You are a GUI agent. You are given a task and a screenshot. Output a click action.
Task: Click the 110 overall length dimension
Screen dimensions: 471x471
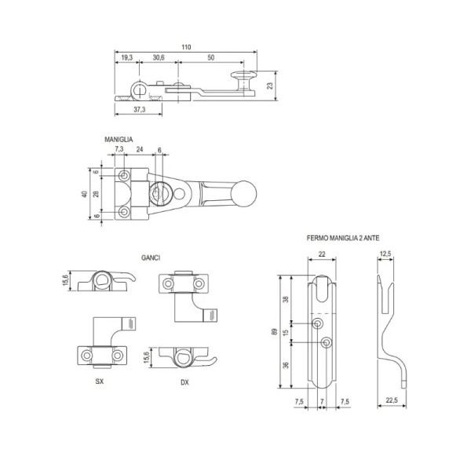tap(186, 47)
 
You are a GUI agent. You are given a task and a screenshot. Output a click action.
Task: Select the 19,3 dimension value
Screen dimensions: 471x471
tap(126, 57)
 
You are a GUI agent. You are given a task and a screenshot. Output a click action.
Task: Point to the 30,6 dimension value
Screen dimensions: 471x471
tap(159, 57)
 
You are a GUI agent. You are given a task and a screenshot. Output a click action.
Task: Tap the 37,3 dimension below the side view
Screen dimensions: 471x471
tap(140, 109)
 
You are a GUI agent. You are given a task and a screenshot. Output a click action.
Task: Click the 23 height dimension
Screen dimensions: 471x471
tap(270, 86)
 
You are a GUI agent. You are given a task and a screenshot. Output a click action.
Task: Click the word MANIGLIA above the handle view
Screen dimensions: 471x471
tap(119, 140)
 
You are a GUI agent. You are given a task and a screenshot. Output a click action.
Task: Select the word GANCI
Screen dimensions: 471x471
tap(151, 257)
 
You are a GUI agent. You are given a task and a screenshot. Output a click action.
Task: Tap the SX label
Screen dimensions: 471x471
tap(100, 382)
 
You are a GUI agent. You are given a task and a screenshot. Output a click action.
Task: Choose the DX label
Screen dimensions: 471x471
tap(184, 382)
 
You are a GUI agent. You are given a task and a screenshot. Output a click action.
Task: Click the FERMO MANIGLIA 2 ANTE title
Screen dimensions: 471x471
tap(343, 238)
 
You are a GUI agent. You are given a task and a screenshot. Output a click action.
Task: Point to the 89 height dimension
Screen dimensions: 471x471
tap(274, 331)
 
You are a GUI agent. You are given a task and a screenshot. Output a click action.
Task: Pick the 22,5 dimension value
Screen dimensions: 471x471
tap(392, 400)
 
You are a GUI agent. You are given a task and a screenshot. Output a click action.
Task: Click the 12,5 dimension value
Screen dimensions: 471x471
tap(385, 254)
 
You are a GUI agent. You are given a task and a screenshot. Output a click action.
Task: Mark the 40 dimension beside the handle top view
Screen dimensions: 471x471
tap(85, 194)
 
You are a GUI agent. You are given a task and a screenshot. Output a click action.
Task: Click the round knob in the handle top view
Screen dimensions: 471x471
tap(245, 194)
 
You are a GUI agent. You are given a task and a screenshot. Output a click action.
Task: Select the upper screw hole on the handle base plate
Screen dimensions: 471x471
tap(124, 175)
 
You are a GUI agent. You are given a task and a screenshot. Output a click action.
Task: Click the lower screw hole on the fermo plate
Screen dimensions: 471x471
tap(327, 342)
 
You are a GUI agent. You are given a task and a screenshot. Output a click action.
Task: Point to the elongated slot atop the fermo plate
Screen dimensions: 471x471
tap(322, 289)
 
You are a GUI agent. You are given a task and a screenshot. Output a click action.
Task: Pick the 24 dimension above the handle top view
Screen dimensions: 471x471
tap(140, 149)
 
